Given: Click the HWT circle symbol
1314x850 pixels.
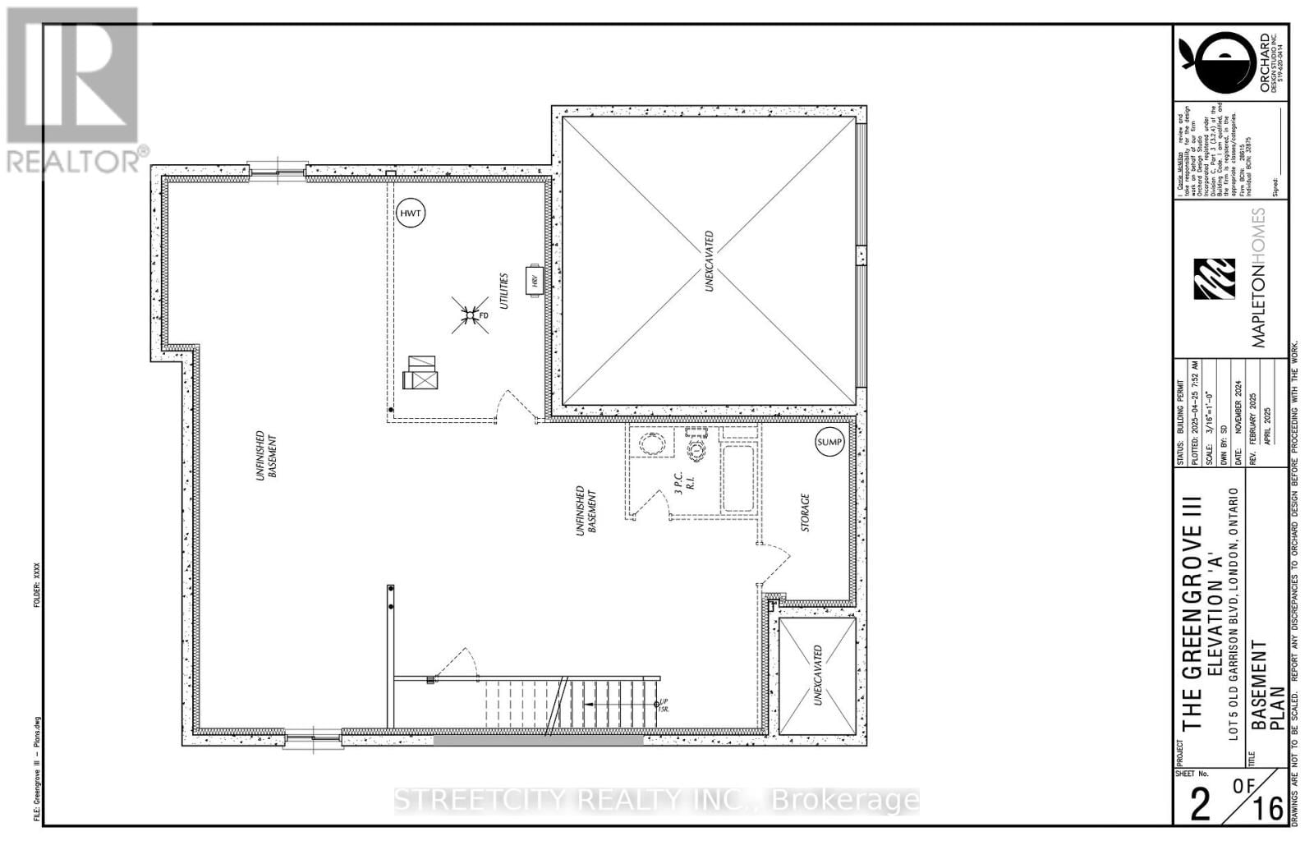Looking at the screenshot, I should pyautogui.click(x=410, y=214).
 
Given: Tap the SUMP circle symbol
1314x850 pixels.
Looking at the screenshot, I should pyautogui.click(x=829, y=442).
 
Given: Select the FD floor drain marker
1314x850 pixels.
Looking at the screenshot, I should pyautogui.click(x=469, y=315).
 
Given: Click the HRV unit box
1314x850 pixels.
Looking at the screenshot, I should pyautogui.click(x=535, y=282).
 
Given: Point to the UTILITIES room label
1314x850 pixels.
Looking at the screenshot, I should pyautogui.click(x=505, y=292).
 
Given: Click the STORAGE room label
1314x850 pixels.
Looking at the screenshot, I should pyautogui.click(x=805, y=512).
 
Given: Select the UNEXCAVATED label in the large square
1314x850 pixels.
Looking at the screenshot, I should pyautogui.click(x=709, y=260).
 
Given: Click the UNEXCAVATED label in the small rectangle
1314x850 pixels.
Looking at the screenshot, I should pyautogui.click(x=818, y=675).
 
